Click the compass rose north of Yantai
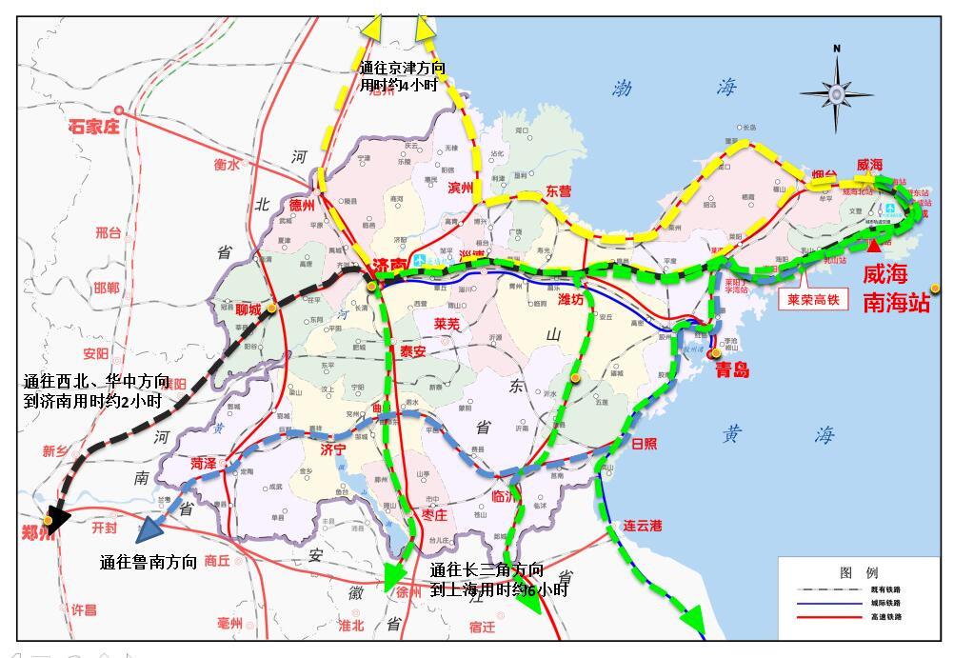point(836,92)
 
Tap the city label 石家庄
point(94,126)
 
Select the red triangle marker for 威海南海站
point(874,245)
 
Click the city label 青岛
point(732,369)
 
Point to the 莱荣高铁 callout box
point(812,299)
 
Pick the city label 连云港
point(643,525)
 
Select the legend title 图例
point(859,572)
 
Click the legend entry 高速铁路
point(884,617)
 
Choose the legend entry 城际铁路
point(884,603)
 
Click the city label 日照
point(645,443)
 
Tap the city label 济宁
point(332,448)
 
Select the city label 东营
point(559,191)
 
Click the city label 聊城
point(248,309)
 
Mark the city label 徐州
point(407,591)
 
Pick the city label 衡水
point(227,164)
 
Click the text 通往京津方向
point(403,69)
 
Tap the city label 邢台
point(109,231)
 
